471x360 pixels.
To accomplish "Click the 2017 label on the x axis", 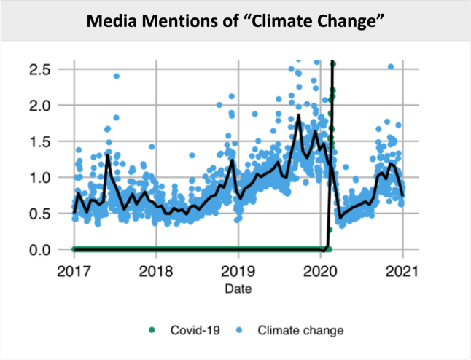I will pos(74,271).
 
